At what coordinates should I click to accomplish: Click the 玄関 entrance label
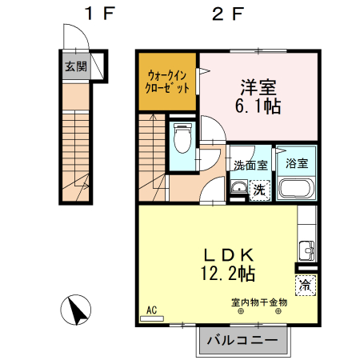coord(76,66)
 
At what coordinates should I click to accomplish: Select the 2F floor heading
coord(227,14)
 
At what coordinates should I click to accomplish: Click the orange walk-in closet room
coord(167,82)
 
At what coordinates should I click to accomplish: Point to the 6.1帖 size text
coord(257,106)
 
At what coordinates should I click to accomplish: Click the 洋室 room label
coord(257,86)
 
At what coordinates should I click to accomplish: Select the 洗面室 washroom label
coord(250,165)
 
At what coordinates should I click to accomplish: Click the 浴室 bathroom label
coord(298,164)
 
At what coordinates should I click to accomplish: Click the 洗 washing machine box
coord(258,190)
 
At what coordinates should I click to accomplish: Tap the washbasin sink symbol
coord(238,189)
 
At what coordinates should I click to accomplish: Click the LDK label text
coord(227,254)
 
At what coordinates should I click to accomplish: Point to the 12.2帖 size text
coord(227,274)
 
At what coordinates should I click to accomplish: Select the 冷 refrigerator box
coord(306,283)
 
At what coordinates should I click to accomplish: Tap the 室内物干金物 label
coord(258,302)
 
